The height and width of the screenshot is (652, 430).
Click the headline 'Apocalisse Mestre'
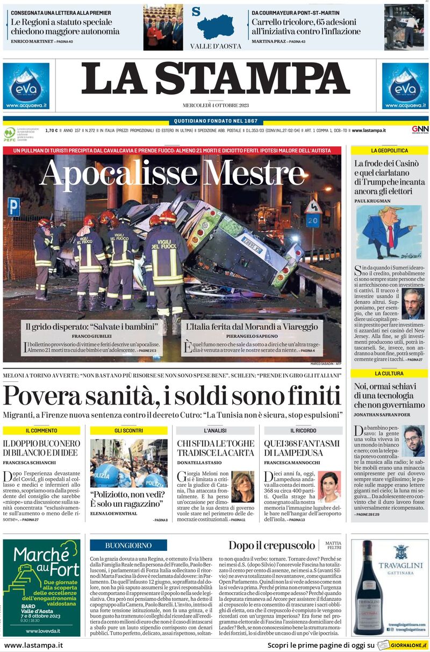click(x=172, y=174)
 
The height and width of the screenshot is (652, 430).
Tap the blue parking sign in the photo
click(x=13, y=207)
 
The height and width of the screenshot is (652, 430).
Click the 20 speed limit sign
click(x=313, y=221)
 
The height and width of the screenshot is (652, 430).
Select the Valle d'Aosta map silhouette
click(x=216, y=26)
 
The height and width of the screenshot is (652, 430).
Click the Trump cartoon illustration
click(x=388, y=232)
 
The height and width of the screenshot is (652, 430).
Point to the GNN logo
click(x=420, y=130)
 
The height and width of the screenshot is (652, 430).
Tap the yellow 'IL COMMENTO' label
click(x=41, y=430)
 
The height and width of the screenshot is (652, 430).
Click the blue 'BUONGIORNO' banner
click(x=128, y=545)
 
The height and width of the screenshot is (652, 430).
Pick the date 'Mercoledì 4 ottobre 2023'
click(x=215, y=105)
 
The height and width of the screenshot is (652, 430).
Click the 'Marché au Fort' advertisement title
click(x=41, y=561)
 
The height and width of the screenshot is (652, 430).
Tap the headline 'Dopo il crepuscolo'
click(x=271, y=545)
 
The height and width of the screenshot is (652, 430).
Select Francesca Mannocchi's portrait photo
click(x=329, y=487)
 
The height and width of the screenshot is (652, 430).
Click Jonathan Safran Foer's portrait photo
click(x=413, y=441)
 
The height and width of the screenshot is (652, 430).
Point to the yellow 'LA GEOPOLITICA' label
click(x=390, y=150)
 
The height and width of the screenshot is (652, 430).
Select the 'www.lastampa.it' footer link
click(x=33, y=645)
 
